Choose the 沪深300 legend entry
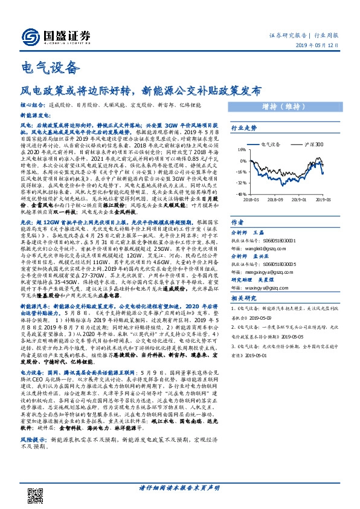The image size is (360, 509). pyautogui.click(x=313, y=145)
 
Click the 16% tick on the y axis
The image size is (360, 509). pyautogui.click(x=241, y=149)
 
